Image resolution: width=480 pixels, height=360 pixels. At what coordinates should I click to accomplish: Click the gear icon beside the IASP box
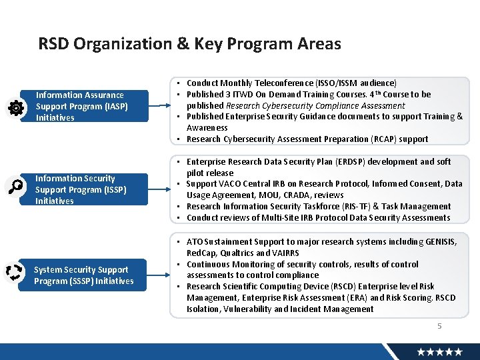(x=15, y=109)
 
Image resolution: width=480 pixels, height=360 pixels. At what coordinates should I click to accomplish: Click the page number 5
(x=439, y=326)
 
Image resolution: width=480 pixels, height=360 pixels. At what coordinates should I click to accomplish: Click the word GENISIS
(x=441, y=242)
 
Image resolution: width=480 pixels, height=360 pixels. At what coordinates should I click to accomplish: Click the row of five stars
(x=439, y=351)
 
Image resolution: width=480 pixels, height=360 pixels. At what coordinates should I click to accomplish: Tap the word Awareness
(x=207, y=128)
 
